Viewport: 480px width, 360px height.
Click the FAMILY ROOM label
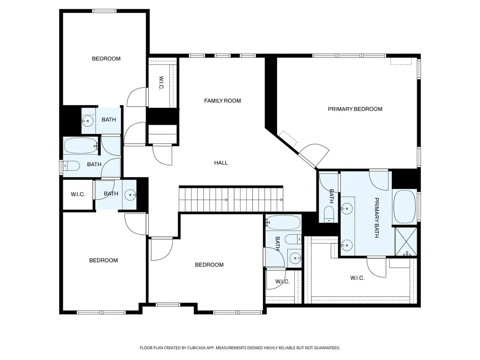click(x=222, y=101)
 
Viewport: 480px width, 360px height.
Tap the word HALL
click(x=221, y=163)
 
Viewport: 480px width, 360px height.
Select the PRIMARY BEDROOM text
click(x=355, y=109)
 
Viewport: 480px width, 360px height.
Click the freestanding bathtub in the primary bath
click(x=405, y=207)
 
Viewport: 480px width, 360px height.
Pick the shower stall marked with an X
click(x=406, y=241)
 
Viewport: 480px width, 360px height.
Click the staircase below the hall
click(x=231, y=199)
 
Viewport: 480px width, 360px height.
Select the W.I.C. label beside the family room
click(x=162, y=83)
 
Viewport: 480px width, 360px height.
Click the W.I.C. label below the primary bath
click(x=357, y=278)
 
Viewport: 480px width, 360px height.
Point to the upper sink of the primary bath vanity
click(x=347, y=209)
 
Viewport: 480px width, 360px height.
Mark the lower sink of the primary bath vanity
click(x=347, y=245)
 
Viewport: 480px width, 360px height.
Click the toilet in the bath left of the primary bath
click(x=329, y=214)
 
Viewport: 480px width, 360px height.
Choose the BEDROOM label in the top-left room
click(x=106, y=59)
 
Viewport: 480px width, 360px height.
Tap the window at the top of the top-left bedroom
click(x=105, y=11)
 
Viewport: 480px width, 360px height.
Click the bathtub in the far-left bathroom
click(x=81, y=146)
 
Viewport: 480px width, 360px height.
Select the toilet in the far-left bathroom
click(x=71, y=165)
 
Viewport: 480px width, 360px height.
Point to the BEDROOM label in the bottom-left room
click(x=104, y=261)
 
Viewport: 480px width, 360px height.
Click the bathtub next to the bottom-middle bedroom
click(x=283, y=222)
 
